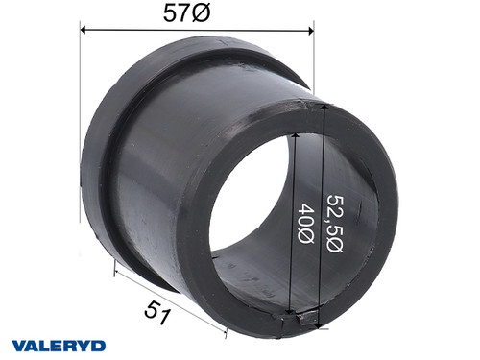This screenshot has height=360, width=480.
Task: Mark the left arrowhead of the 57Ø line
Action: tap(84, 30)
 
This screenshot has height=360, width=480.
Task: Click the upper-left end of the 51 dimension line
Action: tap(115, 271)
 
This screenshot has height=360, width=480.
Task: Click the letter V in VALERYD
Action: tap(18, 343)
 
